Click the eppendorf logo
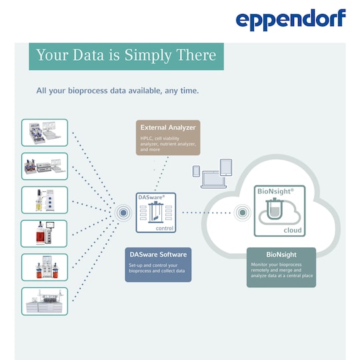click(291, 19)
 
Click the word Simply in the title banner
click(148, 55)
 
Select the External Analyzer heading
click(168, 127)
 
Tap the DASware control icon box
click(156, 213)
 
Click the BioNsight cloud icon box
click(279, 211)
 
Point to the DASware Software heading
click(158, 255)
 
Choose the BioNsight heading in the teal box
click(281, 255)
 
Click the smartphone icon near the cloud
click(196, 171)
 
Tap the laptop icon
click(213, 180)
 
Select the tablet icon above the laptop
click(226, 167)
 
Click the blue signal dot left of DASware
click(123, 213)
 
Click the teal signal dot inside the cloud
click(243, 213)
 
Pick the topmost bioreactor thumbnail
click(45, 133)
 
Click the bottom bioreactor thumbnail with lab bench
click(45, 301)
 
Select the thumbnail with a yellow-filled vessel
click(45, 200)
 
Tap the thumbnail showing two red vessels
click(45, 267)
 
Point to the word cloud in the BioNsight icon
click(293, 230)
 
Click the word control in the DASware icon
click(165, 228)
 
